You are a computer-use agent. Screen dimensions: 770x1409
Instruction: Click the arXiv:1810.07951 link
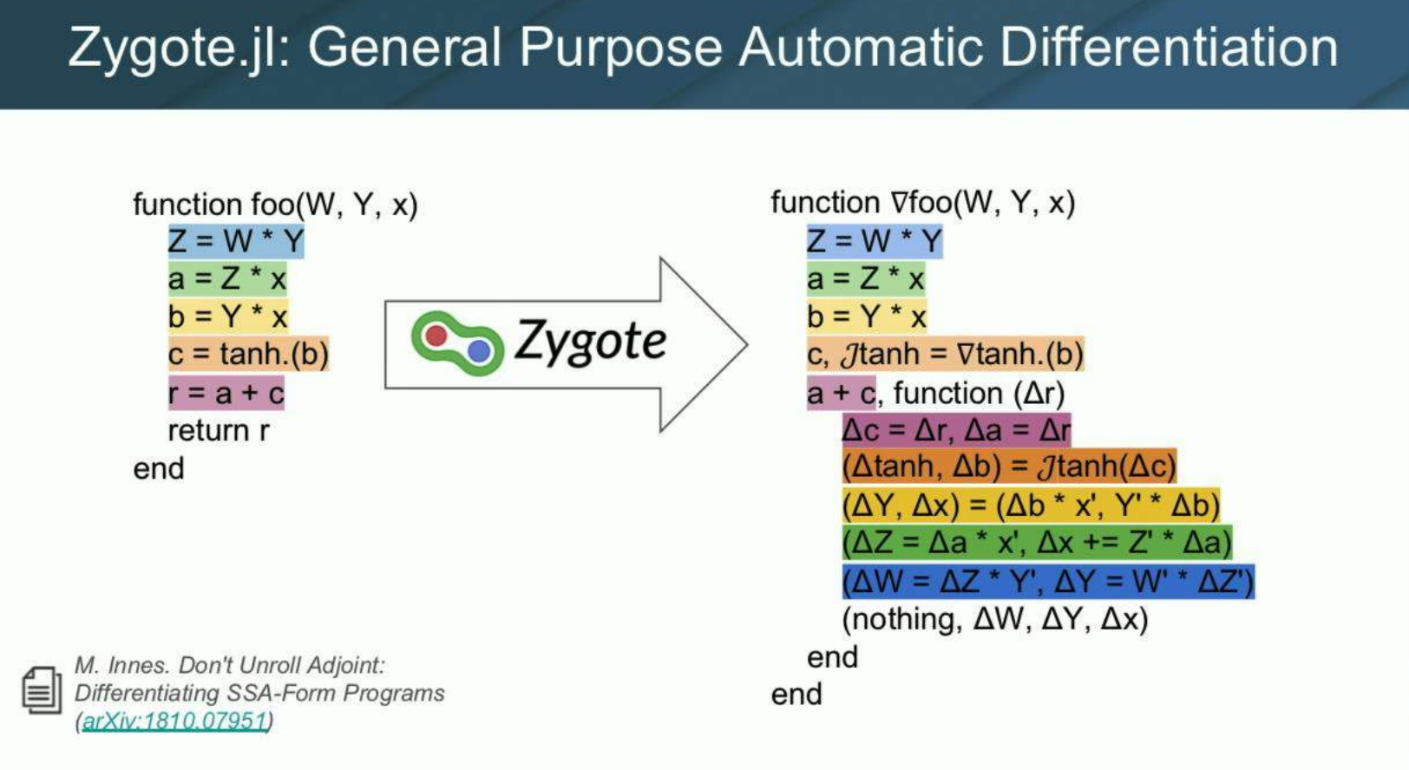(174, 721)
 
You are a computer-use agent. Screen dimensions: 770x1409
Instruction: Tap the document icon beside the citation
(41, 691)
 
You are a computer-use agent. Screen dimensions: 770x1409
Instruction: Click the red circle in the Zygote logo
(437, 336)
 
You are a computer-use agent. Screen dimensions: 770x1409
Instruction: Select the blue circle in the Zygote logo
(478, 350)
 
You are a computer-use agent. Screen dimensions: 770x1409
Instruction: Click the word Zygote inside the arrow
(591, 341)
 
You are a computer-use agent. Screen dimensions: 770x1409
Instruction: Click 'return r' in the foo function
(219, 430)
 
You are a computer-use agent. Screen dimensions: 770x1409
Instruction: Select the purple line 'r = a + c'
(226, 393)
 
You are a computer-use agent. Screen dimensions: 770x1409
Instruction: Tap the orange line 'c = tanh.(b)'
(248, 355)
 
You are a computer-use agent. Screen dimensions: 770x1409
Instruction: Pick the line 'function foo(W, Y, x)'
(275, 205)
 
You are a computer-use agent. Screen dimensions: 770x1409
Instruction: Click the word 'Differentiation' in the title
(1169, 47)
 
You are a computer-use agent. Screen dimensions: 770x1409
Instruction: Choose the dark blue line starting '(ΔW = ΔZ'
(1047, 582)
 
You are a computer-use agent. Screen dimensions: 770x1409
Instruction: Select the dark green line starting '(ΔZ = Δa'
(1036, 543)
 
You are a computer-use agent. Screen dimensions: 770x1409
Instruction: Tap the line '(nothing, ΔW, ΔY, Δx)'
(994, 619)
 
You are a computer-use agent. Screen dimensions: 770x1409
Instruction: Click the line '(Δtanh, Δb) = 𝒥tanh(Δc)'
(1008, 467)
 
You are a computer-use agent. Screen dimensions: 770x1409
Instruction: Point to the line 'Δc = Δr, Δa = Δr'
(956, 429)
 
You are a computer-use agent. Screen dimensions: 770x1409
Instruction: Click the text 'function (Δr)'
(979, 394)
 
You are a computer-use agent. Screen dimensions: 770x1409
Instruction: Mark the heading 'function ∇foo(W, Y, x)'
(922, 203)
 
